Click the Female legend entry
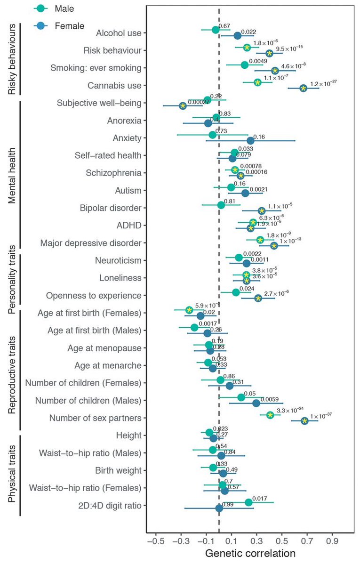pos(59,26)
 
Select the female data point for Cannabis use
pos(304,88)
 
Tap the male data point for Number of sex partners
pos(270,415)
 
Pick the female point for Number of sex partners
pos(304,420)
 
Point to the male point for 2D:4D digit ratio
pos(248,502)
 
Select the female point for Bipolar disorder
pos(262,210)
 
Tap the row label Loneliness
pos(120,278)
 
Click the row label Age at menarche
pos(108,365)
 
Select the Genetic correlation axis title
pos(250,553)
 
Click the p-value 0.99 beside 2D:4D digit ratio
pos(229,505)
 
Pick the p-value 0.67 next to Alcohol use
pos(224,25)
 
